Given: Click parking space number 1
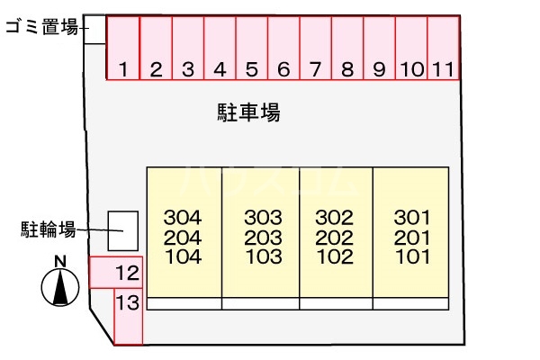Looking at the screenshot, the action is click(123, 48).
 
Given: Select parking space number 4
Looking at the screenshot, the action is click(220, 48).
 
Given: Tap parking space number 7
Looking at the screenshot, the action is click(316, 48).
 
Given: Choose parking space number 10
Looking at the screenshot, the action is click(411, 48).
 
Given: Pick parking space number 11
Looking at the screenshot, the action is click(443, 48).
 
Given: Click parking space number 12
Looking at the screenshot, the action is click(116, 272).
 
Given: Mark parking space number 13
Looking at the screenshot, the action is click(128, 316).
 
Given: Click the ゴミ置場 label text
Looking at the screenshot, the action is click(42, 27).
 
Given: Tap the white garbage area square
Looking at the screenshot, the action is click(94, 30).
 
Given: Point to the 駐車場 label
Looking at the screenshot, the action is click(248, 112).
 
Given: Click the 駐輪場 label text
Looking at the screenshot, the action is click(49, 229).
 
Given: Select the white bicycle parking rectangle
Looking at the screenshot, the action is click(123, 230).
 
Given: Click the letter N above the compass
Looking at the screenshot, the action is click(60, 262).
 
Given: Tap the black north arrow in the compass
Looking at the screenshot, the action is click(60, 288).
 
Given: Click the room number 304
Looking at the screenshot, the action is click(183, 218).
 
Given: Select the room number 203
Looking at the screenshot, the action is click(263, 238).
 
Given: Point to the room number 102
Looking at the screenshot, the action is click(335, 257).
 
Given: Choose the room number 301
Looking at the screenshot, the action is click(412, 218).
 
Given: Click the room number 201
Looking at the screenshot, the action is click(412, 238).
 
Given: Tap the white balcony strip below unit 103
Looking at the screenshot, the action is click(261, 304).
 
